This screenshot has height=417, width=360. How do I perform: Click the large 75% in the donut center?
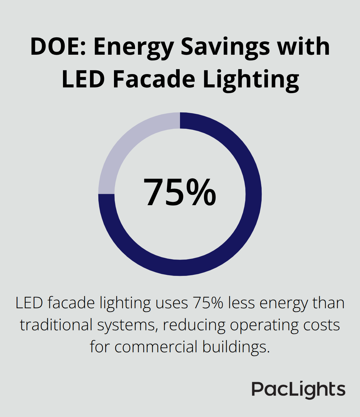pyautogui.click(x=180, y=193)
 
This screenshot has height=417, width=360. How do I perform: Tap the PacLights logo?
pyautogui.click(x=298, y=390)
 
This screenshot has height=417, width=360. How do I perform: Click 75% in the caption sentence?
pyautogui.click(x=208, y=303)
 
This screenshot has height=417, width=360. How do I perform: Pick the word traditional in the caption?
pyautogui.click(x=55, y=325)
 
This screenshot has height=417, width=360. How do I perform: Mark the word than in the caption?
pyautogui.click(x=328, y=303)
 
